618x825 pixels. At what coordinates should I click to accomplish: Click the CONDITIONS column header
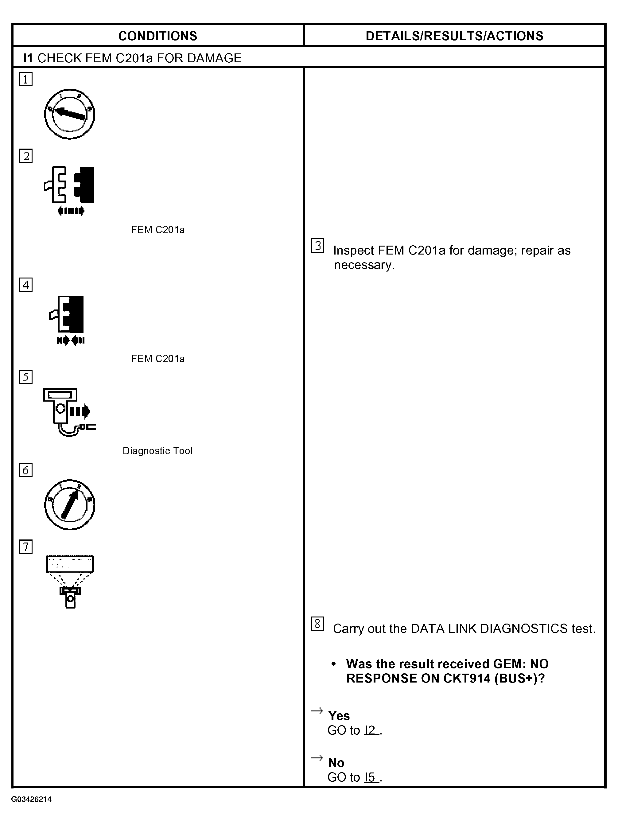tap(157, 36)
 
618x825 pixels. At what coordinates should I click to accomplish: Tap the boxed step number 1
tap(26, 79)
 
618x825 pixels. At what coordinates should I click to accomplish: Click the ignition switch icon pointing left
tap(70, 114)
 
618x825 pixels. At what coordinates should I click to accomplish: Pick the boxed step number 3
tap(317, 245)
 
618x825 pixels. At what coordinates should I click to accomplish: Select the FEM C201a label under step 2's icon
tap(158, 230)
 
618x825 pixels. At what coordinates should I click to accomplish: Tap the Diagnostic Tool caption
tap(157, 451)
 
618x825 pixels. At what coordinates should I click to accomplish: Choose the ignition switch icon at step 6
tap(70, 504)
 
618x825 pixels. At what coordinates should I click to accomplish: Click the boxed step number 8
tap(317, 624)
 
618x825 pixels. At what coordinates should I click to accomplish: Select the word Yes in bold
tap(339, 716)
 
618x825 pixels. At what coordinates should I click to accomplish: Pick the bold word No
tap(336, 763)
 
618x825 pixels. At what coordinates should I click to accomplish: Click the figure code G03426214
tap(31, 799)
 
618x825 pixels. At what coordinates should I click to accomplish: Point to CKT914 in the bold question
tap(467, 678)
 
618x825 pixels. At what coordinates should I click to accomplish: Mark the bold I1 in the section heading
tap(28, 58)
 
